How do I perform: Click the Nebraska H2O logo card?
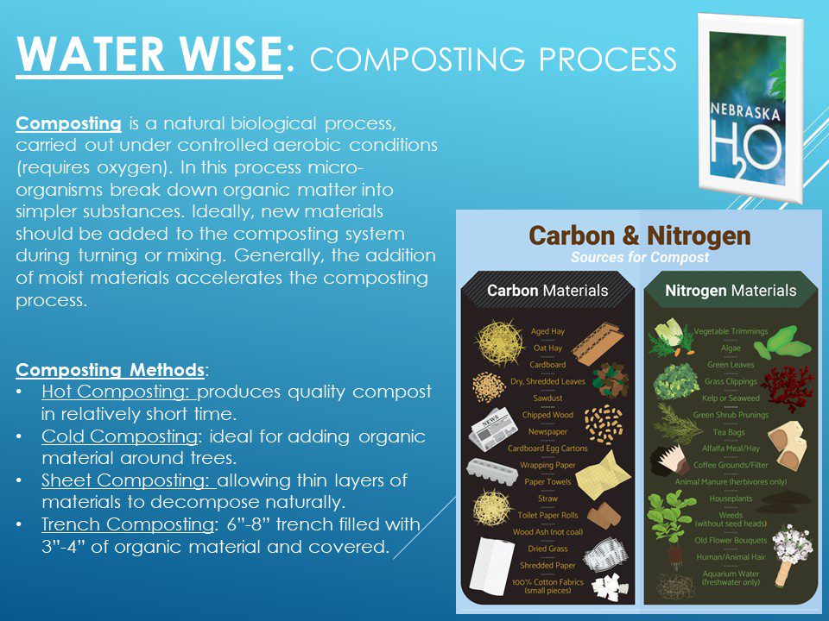tap(750, 109)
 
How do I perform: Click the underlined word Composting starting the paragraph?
tap(69, 123)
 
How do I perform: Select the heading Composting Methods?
tap(110, 370)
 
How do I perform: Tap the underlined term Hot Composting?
tap(119, 392)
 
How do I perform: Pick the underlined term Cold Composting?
tap(120, 436)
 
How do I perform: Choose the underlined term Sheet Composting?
tap(129, 480)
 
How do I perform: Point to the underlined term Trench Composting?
tap(128, 525)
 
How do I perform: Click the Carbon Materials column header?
tap(547, 291)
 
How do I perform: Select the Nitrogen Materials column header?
tap(731, 291)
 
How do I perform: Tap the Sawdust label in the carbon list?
tap(547, 398)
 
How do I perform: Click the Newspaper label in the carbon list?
tap(547, 431)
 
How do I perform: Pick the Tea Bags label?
tap(729, 432)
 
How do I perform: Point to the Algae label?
tap(731, 348)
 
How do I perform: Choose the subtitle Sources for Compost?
tap(640, 257)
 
